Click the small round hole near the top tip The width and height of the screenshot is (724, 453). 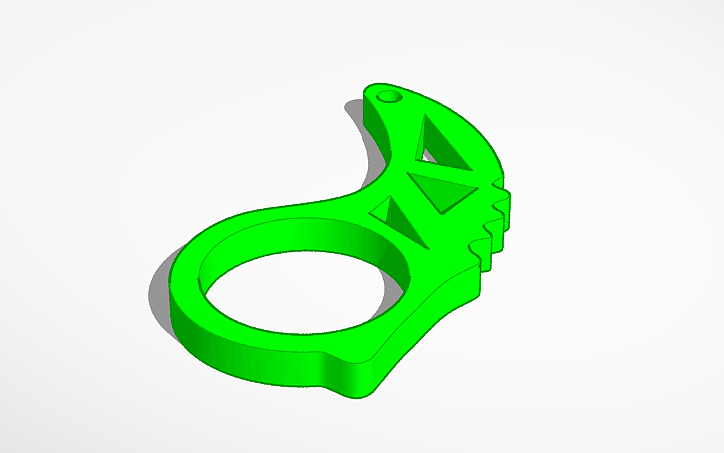tap(388, 98)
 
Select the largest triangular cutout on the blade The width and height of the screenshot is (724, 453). tap(446, 142)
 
